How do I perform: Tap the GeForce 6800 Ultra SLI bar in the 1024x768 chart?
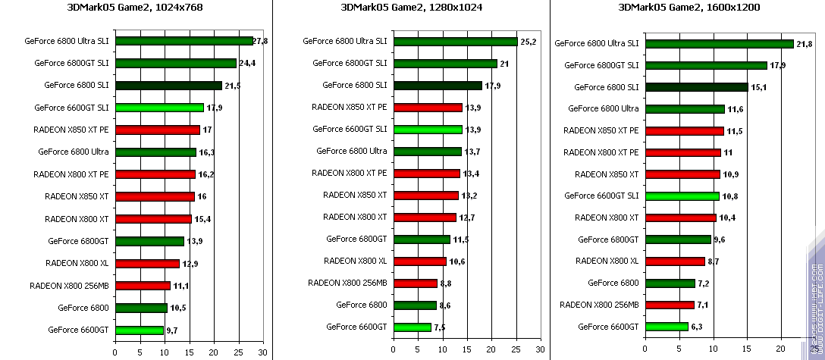(184, 41)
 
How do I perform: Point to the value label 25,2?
(529, 41)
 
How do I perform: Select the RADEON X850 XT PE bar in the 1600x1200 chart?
(684, 131)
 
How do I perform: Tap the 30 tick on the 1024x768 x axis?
(263, 352)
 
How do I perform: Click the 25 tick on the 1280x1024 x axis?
(516, 352)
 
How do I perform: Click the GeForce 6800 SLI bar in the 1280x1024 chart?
(438, 86)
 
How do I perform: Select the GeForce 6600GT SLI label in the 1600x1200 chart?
(601, 196)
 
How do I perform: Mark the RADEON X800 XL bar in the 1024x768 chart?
(147, 264)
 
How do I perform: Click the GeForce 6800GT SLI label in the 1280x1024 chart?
(345, 64)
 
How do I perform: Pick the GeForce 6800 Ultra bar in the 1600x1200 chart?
(684, 109)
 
